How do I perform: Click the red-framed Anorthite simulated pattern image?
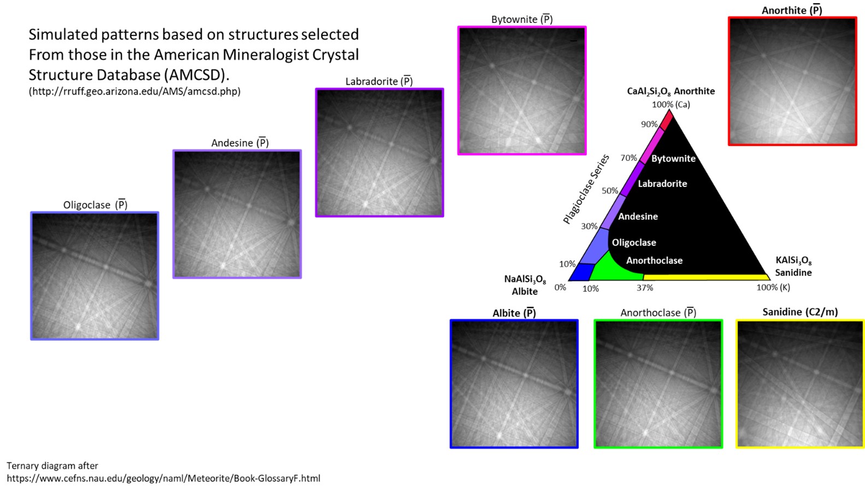tap(792, 81)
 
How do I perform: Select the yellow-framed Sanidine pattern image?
tap(800, 384)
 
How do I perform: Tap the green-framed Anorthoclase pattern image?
tap(658, 384)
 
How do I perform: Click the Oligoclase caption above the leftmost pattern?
tap(95, 205)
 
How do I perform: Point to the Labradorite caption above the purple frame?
tap(379, 81)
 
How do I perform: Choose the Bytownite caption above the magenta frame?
tap(522, 20)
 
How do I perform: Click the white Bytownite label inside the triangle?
tap(673, 159)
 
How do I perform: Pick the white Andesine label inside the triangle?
tap(638, 217)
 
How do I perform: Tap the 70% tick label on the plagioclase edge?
tap(628, 158)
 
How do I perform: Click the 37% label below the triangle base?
tap(645, 288)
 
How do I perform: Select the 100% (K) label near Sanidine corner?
tap(773, 288)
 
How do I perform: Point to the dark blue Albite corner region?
tap(582, 272)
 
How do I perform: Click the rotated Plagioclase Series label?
tap(586, 189)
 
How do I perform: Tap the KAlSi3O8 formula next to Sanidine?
tap(793, 260)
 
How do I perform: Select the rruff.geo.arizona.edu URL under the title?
tap(134, 91)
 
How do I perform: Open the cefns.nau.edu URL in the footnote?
tap(163, 478)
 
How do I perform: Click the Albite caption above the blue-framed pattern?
tap(514, 313)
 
